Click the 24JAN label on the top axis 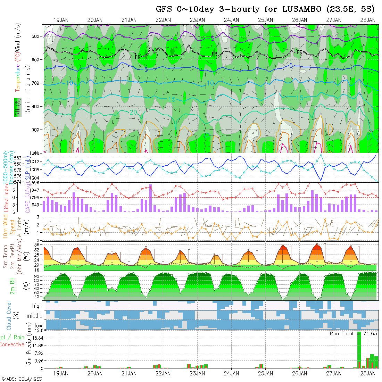click(x=231, y=20)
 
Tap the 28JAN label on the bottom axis click(x=367, y=373)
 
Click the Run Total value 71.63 click(x=370, y=333)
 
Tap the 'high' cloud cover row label click(x=37, y=306)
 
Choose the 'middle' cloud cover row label click(x=34, y=316)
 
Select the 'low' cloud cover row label click(x=38, y=326)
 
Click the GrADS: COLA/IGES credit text click(x=22, y=379)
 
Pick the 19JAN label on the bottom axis click(x=61, y=373)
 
